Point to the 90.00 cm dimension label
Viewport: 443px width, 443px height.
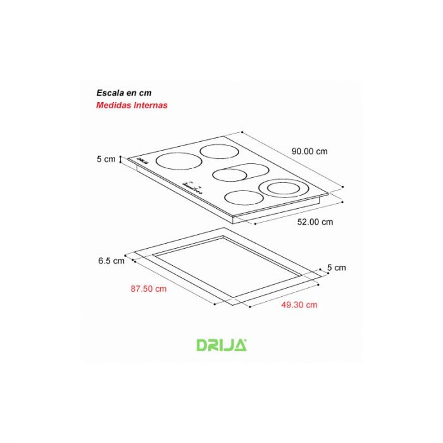(x=309, y=151)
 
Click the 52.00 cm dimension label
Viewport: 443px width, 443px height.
(x=315, y=221)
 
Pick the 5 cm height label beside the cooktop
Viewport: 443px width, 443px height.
(x=106, y=159)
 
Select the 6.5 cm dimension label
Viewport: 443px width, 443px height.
(x=111, y=261)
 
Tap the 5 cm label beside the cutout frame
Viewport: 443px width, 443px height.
(x=337, y=267)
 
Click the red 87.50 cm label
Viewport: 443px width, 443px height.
(x=149, y=289)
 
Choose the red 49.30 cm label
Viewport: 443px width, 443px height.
(x=299, y=304)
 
